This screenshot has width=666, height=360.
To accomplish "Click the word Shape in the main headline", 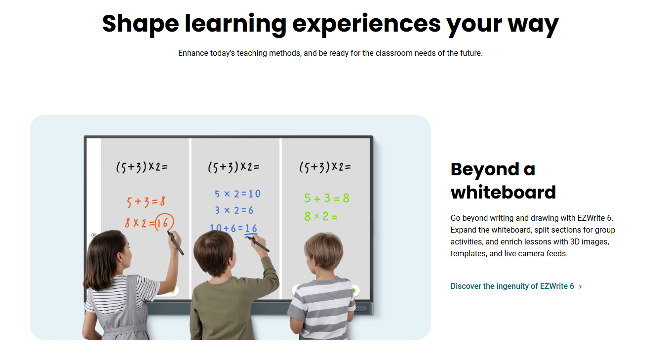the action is pyautogui.click(x=140, y=24).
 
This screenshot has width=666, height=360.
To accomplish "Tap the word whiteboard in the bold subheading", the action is pyautogui.click(x=503, y=192).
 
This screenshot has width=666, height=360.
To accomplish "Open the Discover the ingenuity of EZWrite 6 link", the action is pyautogui.click(x=512, y=286).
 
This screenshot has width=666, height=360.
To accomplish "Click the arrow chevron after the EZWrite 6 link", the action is pyautogui.click(x=580, y=286).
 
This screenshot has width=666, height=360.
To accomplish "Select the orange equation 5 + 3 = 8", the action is pyautogui.click(x=146, y=201).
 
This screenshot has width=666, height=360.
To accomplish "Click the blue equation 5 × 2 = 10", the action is pyautogui.click(x=237, y=194).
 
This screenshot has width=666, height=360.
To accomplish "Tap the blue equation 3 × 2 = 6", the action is pyautogui.click(x=234, y=210).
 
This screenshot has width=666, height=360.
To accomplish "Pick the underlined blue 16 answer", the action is pyautogui.click(x=251, y=230).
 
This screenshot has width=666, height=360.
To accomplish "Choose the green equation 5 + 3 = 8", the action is pyautogui.click(x=327, y=198).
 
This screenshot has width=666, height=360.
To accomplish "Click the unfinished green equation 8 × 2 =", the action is pyautogui.click(x=321, y=216).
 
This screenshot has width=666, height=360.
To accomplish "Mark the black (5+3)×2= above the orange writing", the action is pyautogui.click(x=142, y=167).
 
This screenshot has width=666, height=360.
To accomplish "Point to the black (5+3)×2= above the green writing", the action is pyautogui.click(x=325, y=167).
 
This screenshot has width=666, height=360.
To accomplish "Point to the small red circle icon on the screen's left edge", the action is pyautogui.click(x=94, y=236).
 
